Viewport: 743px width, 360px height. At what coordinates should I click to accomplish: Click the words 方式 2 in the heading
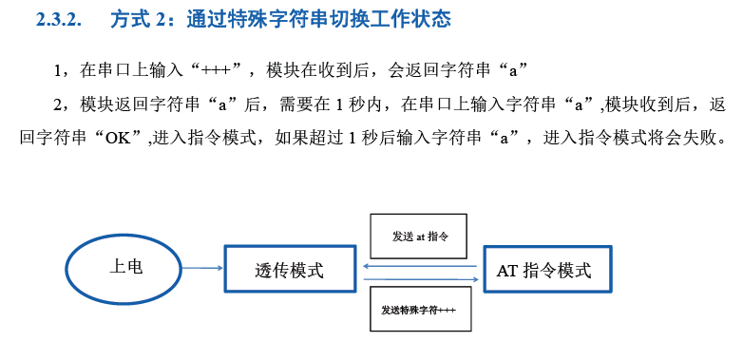137,19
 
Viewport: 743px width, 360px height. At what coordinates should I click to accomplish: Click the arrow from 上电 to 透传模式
202,269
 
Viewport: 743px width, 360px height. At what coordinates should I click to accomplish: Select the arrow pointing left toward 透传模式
420,266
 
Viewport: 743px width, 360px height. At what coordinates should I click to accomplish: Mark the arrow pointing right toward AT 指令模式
421,279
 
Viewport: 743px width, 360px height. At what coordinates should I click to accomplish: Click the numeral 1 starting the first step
57,72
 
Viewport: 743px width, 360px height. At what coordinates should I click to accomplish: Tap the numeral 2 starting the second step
57,105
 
